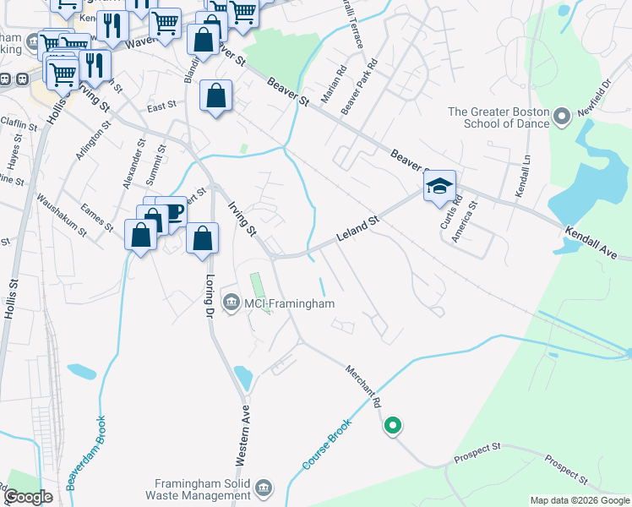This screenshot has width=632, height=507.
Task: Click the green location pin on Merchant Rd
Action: pyautogui.click(x=392, y=426)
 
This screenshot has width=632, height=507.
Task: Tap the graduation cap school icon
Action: pyautogui.click(x=439, y=186)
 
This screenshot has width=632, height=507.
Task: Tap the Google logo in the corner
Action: pyautogui.click(x=27, y=497)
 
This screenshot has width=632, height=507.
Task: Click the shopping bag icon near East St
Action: pyautogui.click(x=216, y=95)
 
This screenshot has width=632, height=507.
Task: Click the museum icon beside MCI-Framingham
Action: pyautogui.click(x=229, y=302)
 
